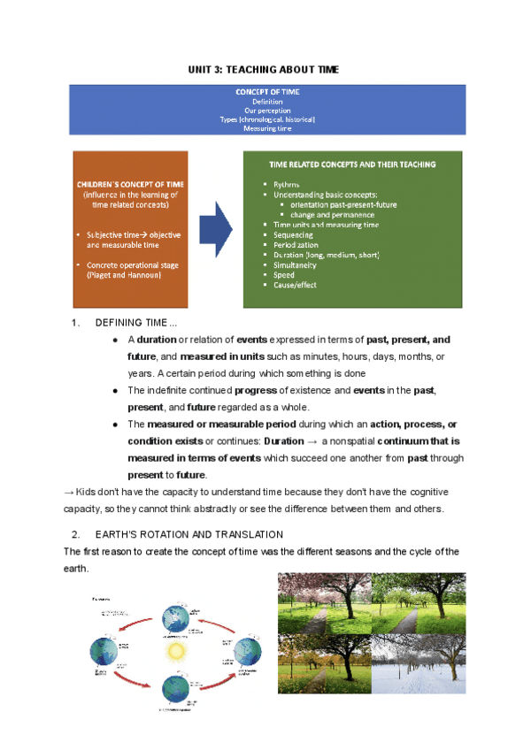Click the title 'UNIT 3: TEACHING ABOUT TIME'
point(263,69)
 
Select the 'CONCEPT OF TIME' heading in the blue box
point(266,92)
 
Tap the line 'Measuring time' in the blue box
point(266,128)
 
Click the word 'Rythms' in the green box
point(287,184)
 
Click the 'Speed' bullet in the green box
point(284,275)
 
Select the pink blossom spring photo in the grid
point(323,601)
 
